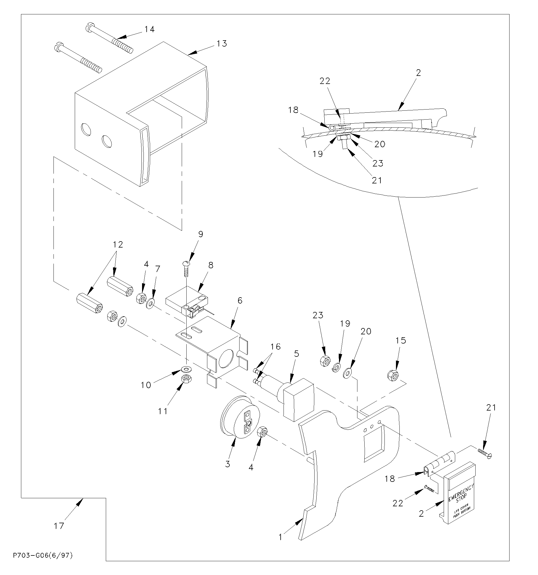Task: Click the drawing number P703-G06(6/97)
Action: coord(43,556)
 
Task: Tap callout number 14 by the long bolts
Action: coord(150,29)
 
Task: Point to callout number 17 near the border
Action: coord(59,526)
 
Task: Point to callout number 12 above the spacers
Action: coord(118,244)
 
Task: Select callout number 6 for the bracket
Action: coord(240,301)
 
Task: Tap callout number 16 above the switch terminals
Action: coord(275,346)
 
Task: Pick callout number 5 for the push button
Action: coord(296,354)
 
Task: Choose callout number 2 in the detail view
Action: coord(418,73)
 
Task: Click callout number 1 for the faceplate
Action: coord(280,537)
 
